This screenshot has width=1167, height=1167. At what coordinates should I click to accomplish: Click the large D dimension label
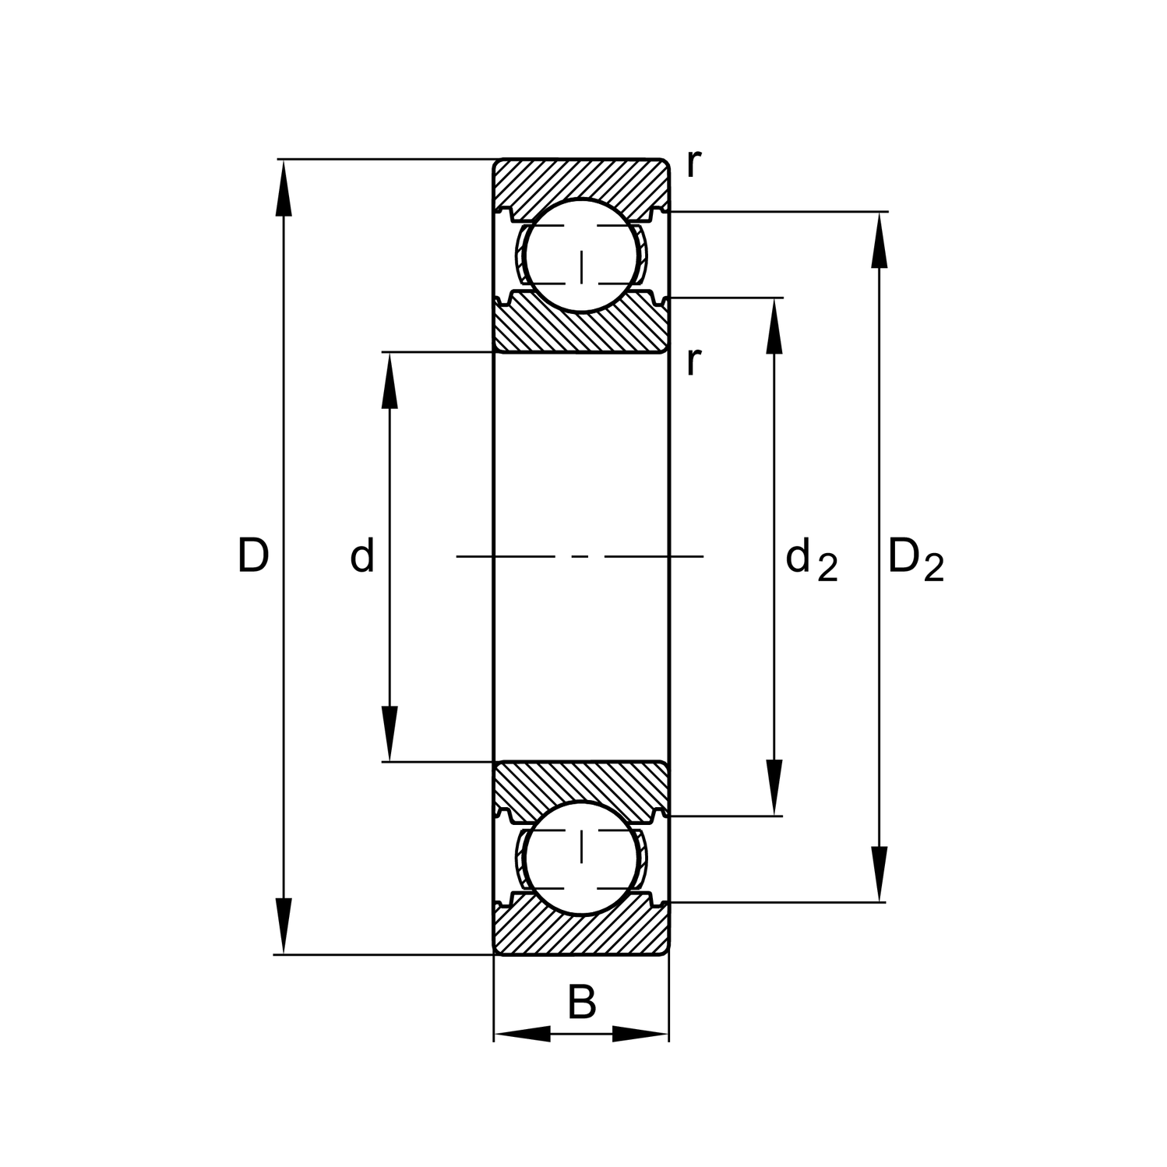253,555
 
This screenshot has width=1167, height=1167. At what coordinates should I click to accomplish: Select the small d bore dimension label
362,555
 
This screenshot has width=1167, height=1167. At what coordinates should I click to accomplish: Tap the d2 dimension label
811,559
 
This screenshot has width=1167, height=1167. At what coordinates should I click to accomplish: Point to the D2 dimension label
915,559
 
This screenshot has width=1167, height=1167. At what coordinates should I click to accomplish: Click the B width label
581,1003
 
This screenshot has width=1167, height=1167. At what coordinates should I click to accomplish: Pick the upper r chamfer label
693,164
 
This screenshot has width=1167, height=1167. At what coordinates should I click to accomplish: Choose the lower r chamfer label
693,361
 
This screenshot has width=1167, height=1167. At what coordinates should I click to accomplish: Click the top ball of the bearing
581,256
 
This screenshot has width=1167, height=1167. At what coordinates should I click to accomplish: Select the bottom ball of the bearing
581,858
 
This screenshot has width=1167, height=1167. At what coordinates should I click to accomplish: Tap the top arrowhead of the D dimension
284,188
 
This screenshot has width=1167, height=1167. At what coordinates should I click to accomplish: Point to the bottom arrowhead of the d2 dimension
774,788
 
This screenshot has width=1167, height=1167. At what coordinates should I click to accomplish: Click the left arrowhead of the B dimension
522,1034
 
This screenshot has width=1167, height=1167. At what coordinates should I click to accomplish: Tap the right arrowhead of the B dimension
640,1034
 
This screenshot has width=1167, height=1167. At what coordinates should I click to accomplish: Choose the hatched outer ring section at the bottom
581,935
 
